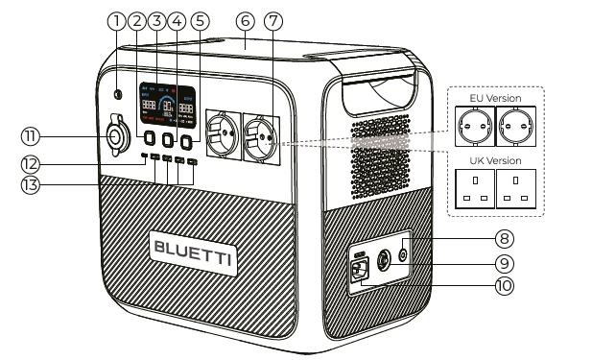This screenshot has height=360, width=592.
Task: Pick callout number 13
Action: (x=31, y=183)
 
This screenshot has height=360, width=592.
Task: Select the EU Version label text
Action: (x=495, y=98)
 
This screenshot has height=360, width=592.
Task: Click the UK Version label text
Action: (x=495, y=160)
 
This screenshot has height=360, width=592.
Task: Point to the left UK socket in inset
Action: (x=473, y=187)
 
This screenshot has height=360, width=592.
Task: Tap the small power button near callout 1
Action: (x=118, y=95)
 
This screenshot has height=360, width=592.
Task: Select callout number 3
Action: (x=157, y=20)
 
